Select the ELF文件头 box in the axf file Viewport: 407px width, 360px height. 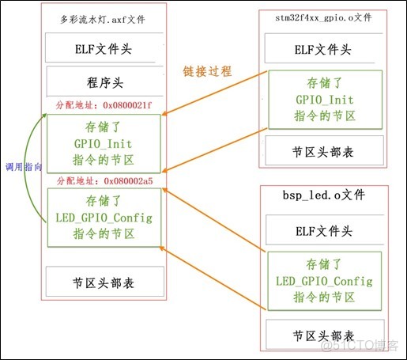pyautogui.click(x=103, y=48)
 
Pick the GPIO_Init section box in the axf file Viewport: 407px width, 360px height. pyautogui.click(x=103, y=142)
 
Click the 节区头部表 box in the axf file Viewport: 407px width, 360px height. pyautogui.click(x=103, y=282)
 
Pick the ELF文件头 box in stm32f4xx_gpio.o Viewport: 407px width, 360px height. pyautogui.click(x=324, y=49)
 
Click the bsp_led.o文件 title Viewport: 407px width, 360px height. pyautogui.click(x=324, y=194)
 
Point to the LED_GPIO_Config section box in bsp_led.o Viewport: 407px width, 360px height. pyautogui.click(x=324, y=281)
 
